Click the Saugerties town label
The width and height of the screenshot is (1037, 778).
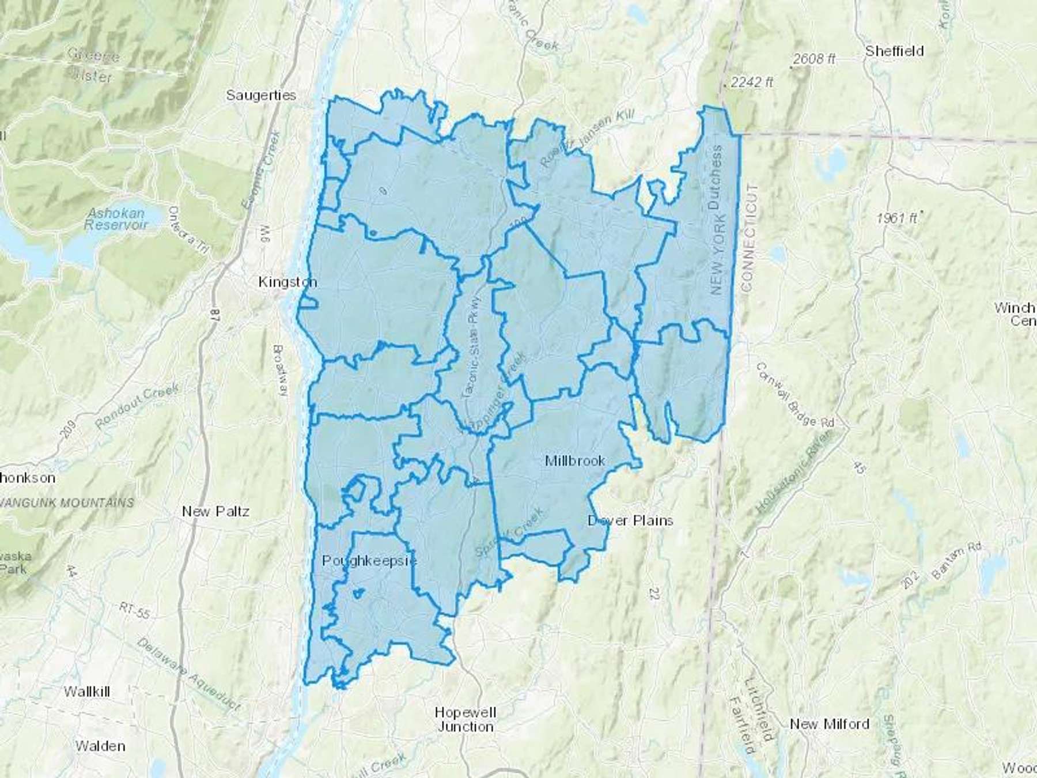(261, 95)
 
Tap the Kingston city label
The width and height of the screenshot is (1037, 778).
(287, 282)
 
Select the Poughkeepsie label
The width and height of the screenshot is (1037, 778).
(369, 560)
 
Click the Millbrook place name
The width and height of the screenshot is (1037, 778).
(575, 460)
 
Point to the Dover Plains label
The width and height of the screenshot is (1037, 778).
(630, 520)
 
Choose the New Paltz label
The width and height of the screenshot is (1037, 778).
(215, 511)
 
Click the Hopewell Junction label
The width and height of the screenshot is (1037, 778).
(465, 720)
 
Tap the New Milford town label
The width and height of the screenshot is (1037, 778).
(830, 724)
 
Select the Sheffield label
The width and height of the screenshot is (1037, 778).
(894, 51)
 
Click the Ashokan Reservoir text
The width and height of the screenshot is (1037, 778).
(116, 219)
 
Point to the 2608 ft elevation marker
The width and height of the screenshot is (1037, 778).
(814, 59)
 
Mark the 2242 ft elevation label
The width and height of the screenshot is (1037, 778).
(751, 82)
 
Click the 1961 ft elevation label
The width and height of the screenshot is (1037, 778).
(897, 218)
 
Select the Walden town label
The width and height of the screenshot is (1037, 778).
(100, 746)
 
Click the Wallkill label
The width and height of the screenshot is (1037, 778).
(87, 692)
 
